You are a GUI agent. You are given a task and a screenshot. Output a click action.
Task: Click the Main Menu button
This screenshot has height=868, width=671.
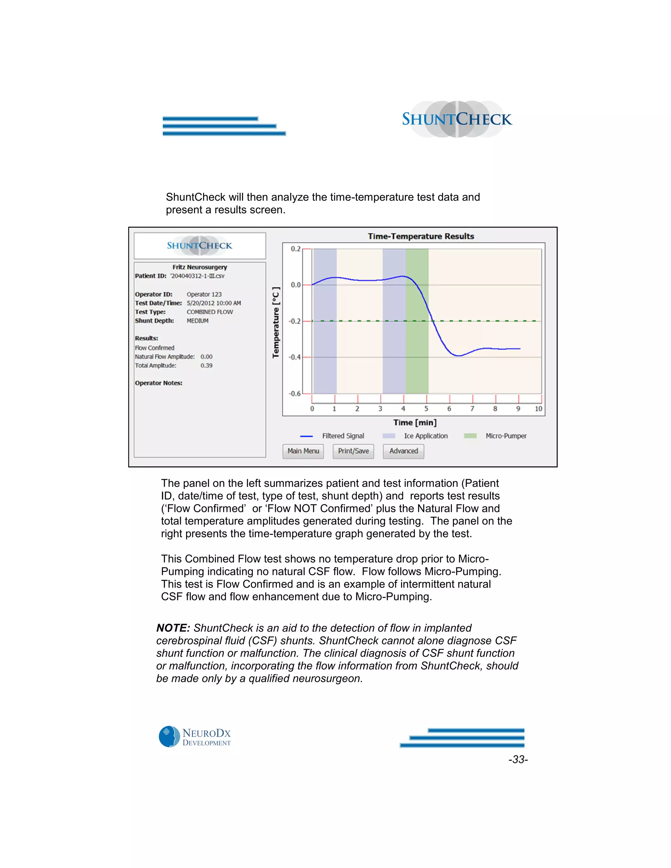coord(303,451)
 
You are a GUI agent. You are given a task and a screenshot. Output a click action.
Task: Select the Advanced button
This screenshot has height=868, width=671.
coord(403,451)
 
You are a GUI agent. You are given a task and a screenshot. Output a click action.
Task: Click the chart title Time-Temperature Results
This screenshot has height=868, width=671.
coord(421,236)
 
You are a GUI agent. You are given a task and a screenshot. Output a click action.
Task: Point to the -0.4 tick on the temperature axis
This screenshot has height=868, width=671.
coord(295,357)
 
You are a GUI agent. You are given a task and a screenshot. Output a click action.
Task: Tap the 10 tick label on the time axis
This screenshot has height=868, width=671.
coord(538,408)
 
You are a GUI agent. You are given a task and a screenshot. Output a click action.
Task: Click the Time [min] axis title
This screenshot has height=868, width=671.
coord(414,423)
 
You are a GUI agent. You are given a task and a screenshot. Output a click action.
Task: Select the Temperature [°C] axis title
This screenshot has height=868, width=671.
coord(276,322)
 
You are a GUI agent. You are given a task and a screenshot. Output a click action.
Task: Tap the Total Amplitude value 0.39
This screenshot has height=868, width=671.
coord(206,366)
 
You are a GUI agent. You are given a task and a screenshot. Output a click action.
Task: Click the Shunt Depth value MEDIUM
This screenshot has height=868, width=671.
coord(198,321)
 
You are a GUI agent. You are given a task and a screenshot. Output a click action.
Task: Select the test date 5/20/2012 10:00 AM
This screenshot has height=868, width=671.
coord(214,303)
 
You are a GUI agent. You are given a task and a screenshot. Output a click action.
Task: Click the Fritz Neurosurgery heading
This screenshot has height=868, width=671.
coord(200,267)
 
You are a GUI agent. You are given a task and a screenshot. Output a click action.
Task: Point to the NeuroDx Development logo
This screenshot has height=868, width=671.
coord(195,737)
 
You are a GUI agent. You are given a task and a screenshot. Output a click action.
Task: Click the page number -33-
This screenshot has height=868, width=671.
coord(518,760)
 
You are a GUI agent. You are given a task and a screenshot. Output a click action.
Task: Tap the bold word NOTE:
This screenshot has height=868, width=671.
coord(173,628)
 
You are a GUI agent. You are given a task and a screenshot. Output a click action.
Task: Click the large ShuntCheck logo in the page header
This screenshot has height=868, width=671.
coord(457,119)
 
